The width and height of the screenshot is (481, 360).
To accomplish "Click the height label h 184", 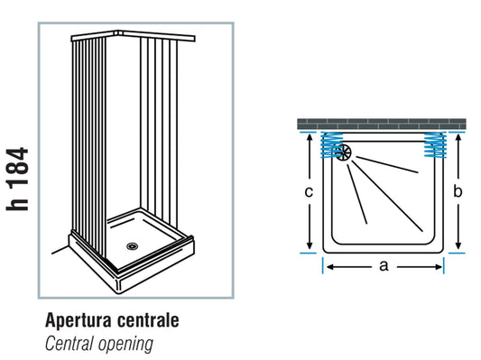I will pyautogui.click(x=19, y=180).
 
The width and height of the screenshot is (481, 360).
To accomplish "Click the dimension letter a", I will pyautogui.click(x=384, y=266).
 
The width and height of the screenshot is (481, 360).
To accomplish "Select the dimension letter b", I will pyautogui.click(x=458, y=191).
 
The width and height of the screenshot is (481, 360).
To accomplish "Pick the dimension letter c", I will pyautogui.click(x=310, y=191).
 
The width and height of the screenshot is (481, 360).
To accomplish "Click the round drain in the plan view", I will pyautogui.click(x=344, y=152).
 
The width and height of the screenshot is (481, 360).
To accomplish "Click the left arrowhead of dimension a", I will pyautogui.click(x=328, y=266).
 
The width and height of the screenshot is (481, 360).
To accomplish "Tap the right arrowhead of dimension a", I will pyautogui.click(x=441, y=266).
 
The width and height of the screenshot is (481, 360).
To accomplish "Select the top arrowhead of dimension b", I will pyautogui.click(x=458, y=137).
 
